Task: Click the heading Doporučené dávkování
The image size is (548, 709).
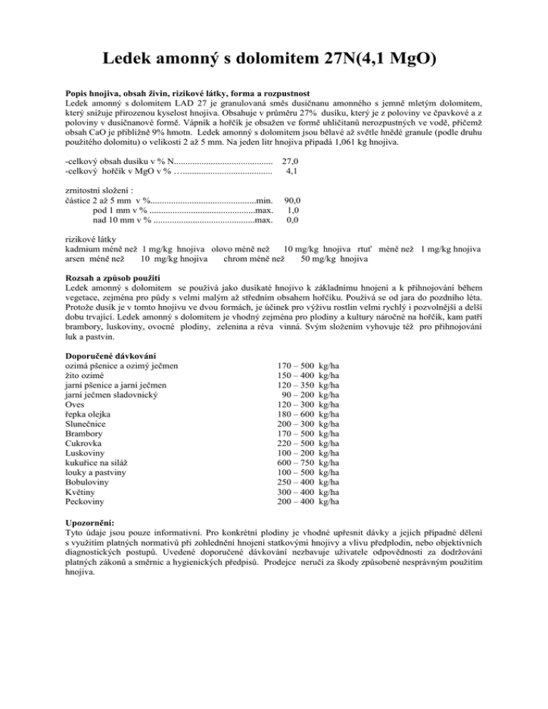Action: [111, 355]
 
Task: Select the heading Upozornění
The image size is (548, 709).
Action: [93, 521]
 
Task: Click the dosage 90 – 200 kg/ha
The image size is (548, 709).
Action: [310, 394]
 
